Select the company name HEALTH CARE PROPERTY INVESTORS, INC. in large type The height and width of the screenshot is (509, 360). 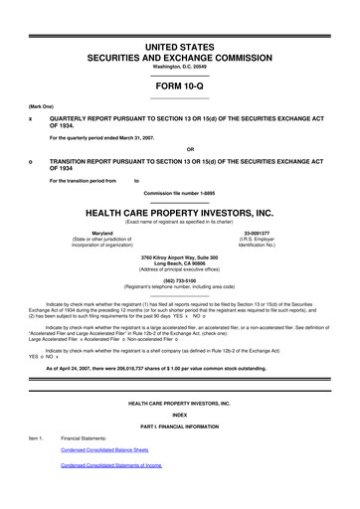point(180,212)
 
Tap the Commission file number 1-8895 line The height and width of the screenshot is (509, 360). point(180,192)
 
